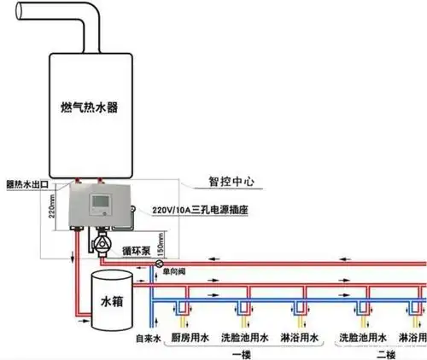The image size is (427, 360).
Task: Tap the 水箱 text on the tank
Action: coord(113,302)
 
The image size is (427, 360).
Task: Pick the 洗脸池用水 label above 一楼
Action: coord(243,337)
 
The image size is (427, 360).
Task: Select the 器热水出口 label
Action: coord(31,183)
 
